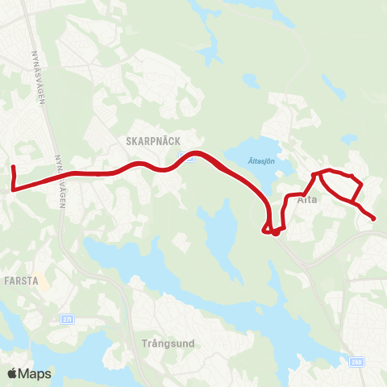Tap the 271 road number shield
[67, 319]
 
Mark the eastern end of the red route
[374, 218]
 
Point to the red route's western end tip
[13, 167]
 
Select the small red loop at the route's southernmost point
[275, 232]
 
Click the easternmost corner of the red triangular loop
[360, 185]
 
